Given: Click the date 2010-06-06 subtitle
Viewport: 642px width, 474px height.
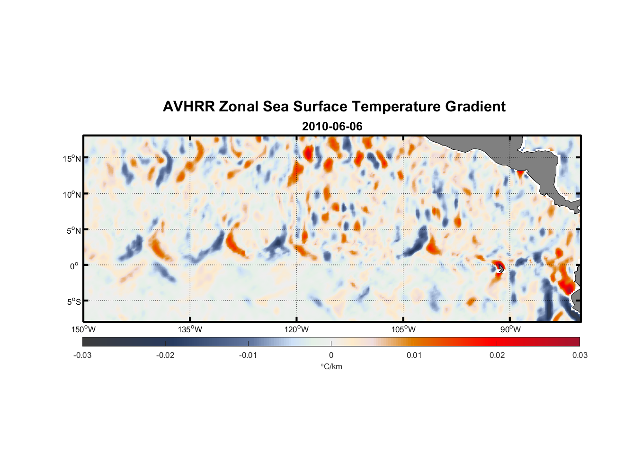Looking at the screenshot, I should pos(332,127).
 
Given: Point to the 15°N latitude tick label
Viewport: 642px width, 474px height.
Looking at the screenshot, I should pos(71,158).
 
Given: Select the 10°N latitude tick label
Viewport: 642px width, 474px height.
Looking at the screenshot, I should pos(71,194).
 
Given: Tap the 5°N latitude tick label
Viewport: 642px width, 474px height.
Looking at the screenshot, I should pos(73,230).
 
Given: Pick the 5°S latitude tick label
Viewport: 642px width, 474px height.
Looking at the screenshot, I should pos(73,301).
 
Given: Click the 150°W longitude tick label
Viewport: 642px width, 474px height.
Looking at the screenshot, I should pos(83,329).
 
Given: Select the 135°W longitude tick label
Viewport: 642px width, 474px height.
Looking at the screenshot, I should pos(190,329).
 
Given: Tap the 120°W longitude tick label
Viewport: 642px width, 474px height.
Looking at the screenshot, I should pos(296,329).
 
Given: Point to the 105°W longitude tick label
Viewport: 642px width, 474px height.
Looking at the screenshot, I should pos(403,329).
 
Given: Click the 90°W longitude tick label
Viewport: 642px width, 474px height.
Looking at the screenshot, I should pos(510,329).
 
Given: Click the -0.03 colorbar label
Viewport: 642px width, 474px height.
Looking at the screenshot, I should pos(82,355).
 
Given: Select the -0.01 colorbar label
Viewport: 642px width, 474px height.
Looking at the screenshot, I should pos(248,355).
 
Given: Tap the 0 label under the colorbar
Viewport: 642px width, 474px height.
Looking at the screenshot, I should pos(331,355).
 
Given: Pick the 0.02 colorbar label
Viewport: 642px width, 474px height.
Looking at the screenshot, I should pos(497,355).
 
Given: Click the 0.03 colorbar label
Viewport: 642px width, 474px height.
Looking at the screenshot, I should pos(580,355).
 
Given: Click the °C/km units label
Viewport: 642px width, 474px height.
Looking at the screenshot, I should pos(331,366).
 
